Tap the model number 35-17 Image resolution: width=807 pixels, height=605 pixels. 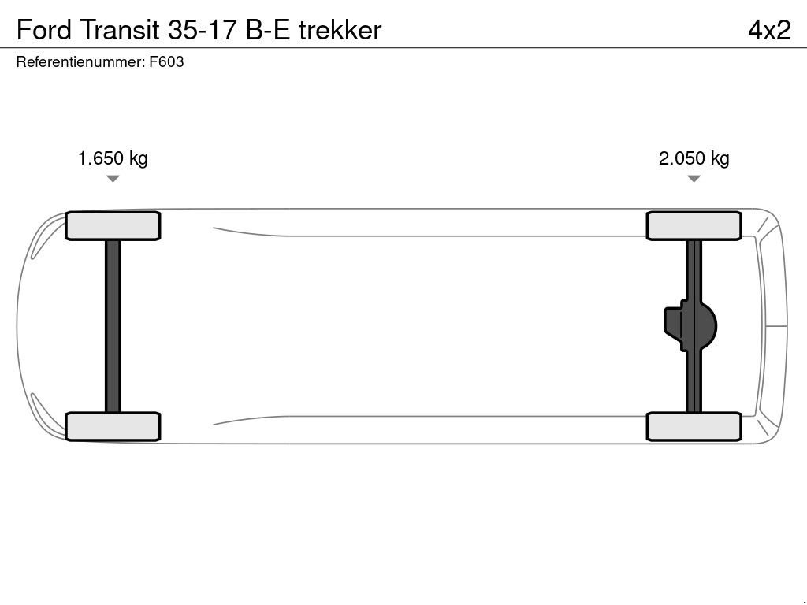(x=204, y=30)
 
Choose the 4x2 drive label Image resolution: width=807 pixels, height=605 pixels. (x=768, y=30)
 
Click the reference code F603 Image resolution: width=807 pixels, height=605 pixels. (x=166, y=62)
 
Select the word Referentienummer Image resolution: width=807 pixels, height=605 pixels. (x=80, y=62)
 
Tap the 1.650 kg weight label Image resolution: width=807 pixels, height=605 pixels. (x=113, y=158)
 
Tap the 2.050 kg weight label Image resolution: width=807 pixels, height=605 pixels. (x=694, y=158)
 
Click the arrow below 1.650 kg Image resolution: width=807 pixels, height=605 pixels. (x=113, y=179)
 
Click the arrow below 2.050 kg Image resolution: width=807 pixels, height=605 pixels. (x=694, y=179)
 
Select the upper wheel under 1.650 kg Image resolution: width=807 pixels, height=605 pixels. (x=113, y=226)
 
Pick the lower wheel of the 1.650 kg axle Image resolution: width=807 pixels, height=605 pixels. (x=113, y=426)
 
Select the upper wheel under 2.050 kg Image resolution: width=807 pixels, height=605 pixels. (x=694, y=226)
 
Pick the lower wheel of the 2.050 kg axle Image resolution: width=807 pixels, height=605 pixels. (x=694, y=426)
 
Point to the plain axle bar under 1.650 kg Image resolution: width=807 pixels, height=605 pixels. (x=113, y=326)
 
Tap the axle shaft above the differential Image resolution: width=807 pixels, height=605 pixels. (x=694, y=268)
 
